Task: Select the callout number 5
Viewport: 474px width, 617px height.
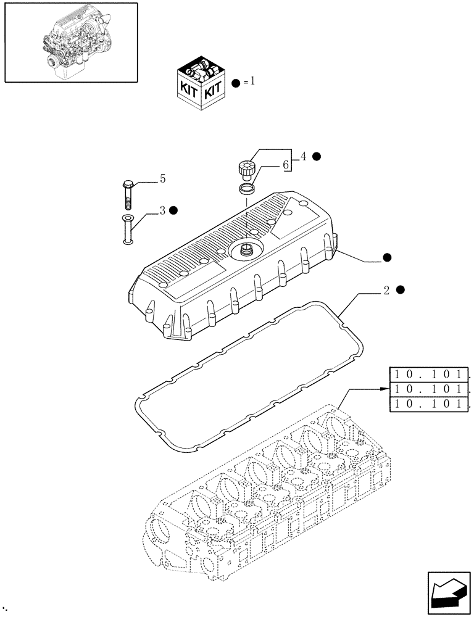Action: click(x=162, y=179)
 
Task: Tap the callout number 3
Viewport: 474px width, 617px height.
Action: click(x=162, y=210)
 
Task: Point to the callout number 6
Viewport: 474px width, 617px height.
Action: click(x=285, y=166)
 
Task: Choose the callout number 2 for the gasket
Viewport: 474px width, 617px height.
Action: click(x=386, y=291)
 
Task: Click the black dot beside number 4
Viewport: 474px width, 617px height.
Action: click(x=316, y=157)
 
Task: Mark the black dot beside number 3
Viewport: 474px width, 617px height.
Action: click(x=174, y=210)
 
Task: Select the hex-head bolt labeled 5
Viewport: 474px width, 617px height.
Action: click(x=127, y=193)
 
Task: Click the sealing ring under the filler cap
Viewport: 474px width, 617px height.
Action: click(x=246, y=188)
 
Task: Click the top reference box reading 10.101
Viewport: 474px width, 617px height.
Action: click(x=430, y=375)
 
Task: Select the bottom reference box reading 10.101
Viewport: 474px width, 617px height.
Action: click(x=430, y=404)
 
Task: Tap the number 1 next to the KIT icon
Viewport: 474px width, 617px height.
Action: click(x=252, y=82)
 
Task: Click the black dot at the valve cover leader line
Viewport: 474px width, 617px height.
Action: click(x=387, y=257)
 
